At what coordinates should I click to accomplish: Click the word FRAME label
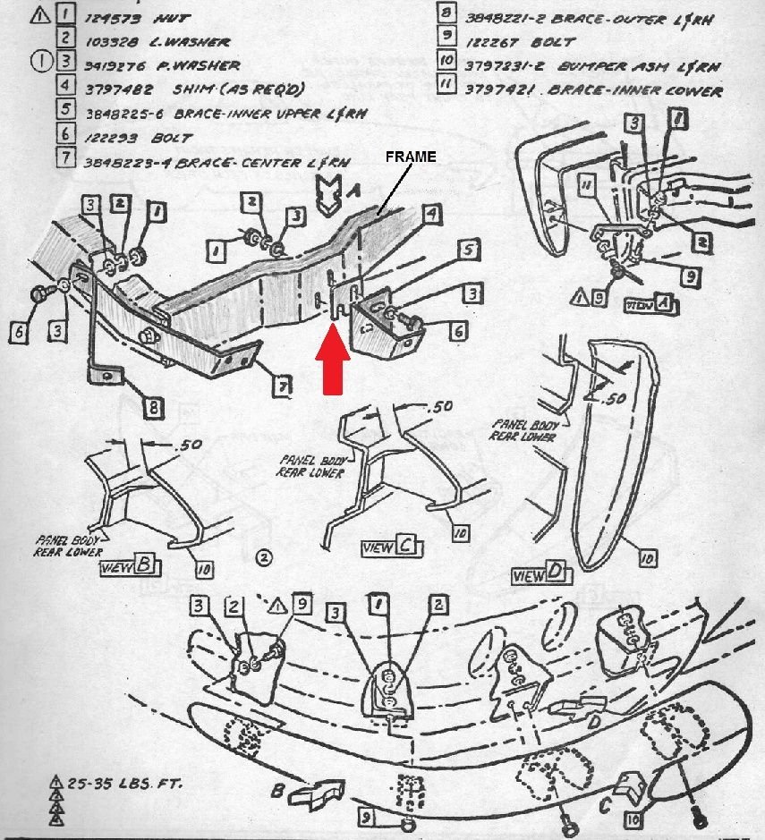coord(411,157)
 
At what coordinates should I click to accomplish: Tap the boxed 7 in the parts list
coord(64,161)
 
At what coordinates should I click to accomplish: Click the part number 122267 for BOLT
coord(492,40)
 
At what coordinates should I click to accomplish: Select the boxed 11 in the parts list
coord(447,89)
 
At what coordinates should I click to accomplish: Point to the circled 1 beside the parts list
coord(41,64)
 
